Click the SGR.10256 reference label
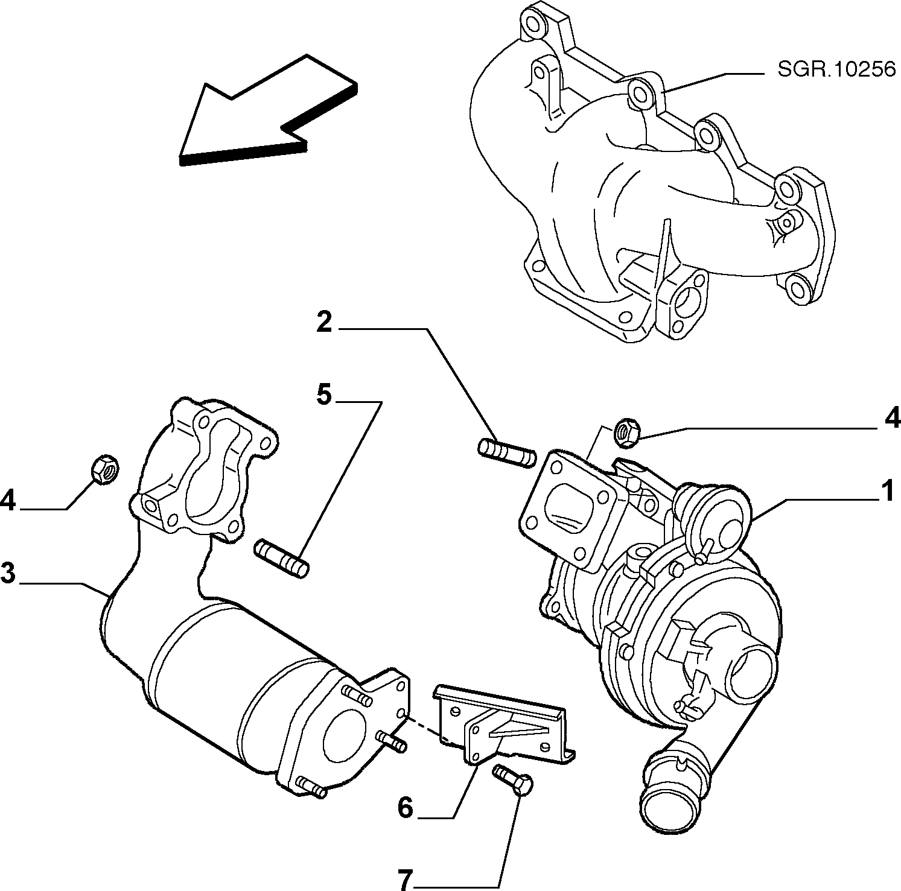pos(836,71)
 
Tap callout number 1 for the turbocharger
pos(887,492)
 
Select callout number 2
pos(325,324)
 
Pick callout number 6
pos(406,807)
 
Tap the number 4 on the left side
pos(8,500)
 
